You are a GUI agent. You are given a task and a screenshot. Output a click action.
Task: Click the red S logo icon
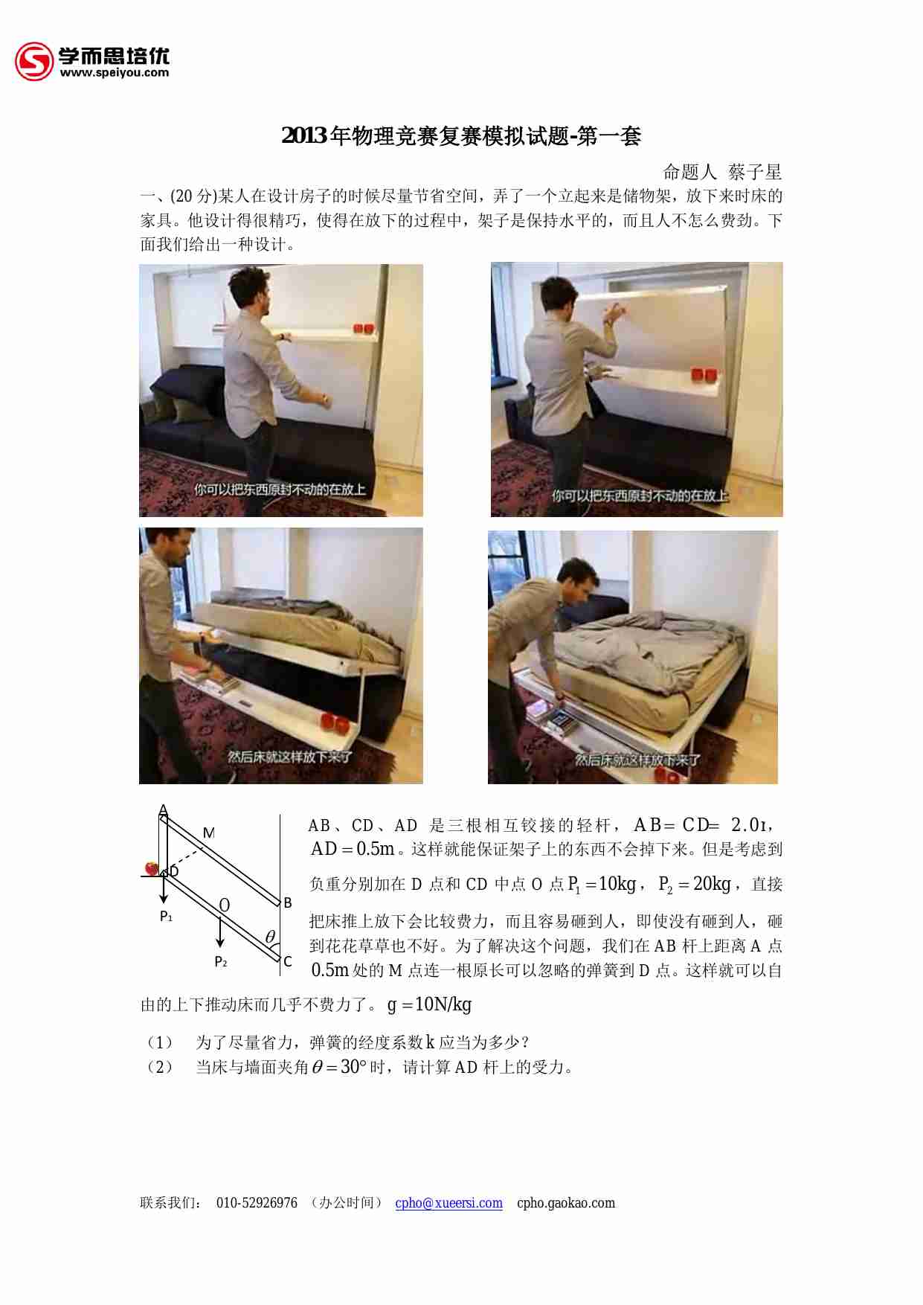click(34, 61)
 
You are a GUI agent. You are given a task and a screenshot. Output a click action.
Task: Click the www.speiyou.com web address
click(114, 73)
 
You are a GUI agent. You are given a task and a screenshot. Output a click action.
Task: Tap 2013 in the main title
click(304, 136)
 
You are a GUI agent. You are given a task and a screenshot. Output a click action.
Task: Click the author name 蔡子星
click(755, 172)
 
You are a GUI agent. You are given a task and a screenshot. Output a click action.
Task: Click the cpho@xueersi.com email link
click(448, 1203)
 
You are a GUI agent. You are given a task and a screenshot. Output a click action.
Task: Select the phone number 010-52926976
click(257, 1203)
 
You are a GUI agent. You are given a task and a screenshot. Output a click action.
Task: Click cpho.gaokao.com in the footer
click(565, 1203)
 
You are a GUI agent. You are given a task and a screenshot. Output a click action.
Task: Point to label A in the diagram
click(163, 810)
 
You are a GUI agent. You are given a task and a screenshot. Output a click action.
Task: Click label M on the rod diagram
click(209, 833)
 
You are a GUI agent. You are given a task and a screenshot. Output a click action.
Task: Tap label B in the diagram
click(287, 902)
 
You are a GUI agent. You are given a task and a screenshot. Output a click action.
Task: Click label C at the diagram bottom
click(288, 961)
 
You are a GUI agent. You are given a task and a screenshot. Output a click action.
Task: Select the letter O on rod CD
click(224, 905)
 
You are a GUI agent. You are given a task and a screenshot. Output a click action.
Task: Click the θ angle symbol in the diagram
click(270, 937)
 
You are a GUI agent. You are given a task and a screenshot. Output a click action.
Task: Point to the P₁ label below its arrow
click(166, 917)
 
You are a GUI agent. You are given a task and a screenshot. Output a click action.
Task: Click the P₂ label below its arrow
click(220, 962)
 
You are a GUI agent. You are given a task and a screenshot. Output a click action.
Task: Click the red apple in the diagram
click(152, 868)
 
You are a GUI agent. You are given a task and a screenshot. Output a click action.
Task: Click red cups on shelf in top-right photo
click(704, 373)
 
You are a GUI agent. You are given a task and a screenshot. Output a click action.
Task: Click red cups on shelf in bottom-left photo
click(334, 722)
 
